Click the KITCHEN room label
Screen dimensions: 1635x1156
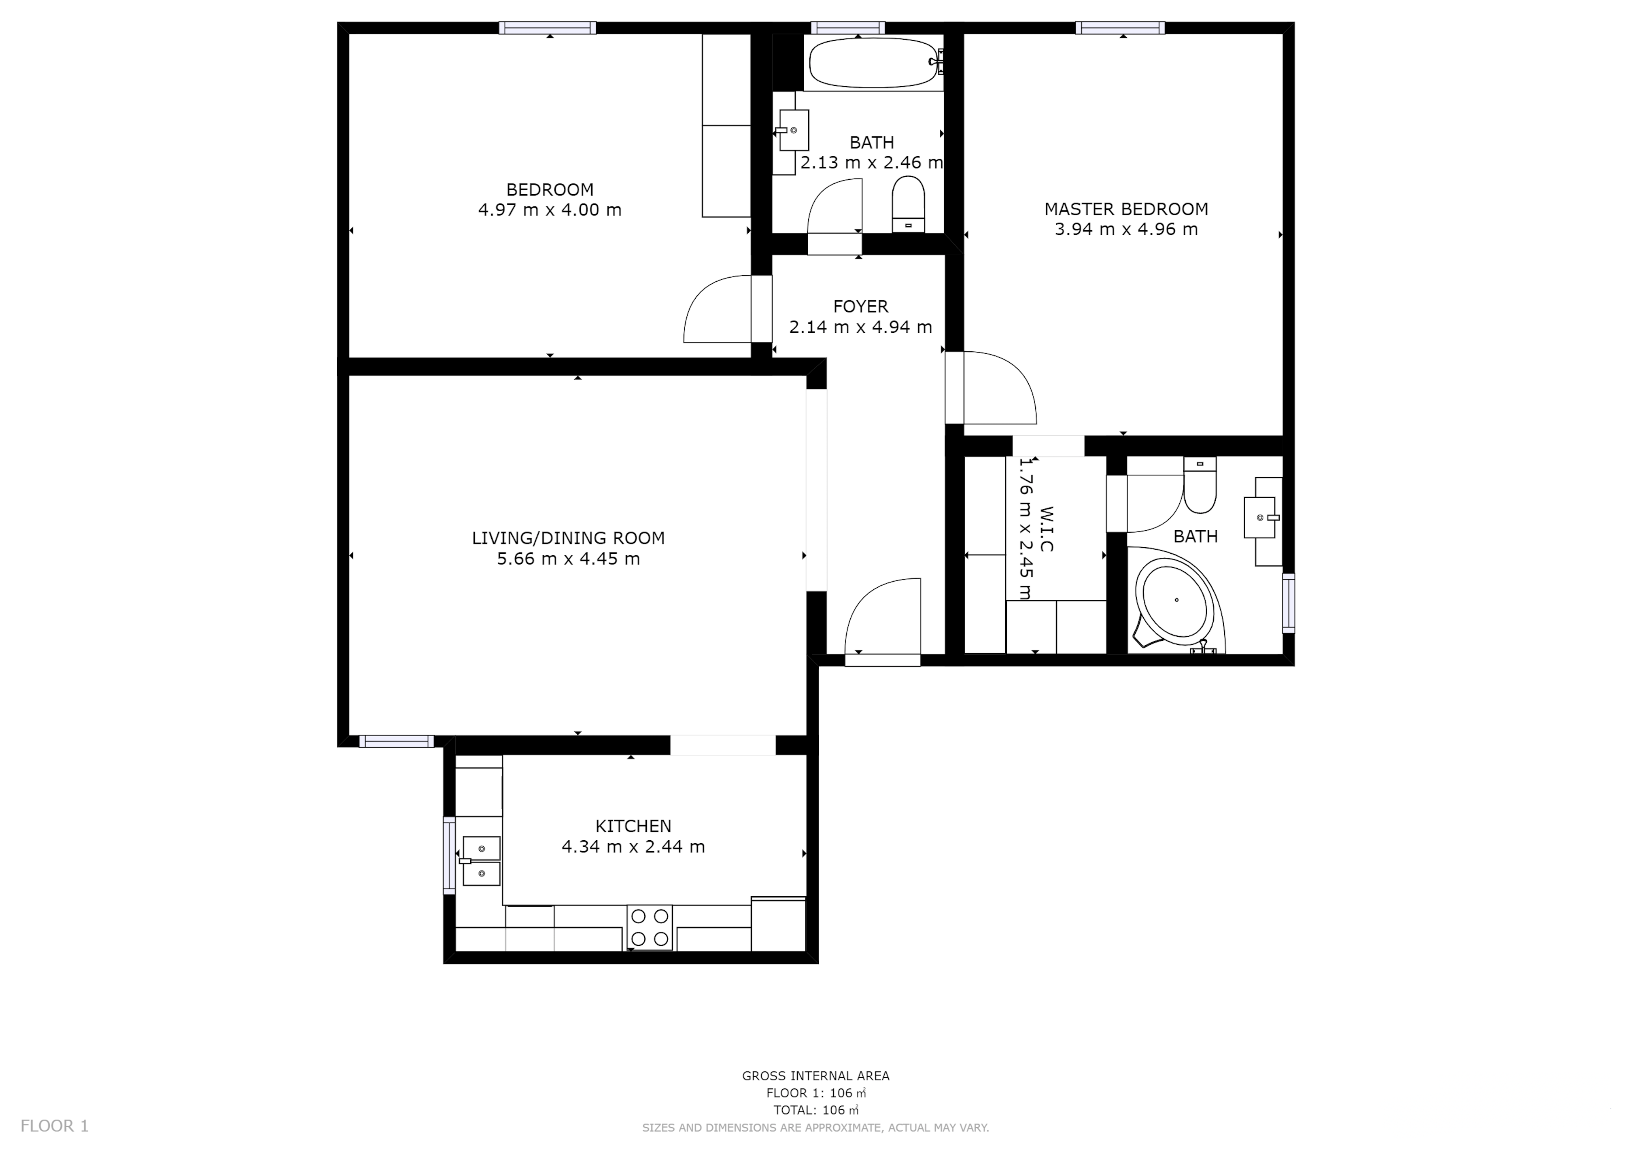[633, 826]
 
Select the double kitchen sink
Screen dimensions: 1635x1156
[481, 861]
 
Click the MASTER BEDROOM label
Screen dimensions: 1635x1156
[1126, 209]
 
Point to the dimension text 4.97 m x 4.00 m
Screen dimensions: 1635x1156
[550, 210]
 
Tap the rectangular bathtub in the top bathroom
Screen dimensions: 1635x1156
[875, 63]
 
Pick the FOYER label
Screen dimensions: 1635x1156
[860, 307]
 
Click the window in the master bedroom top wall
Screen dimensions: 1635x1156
[1120, 28]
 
